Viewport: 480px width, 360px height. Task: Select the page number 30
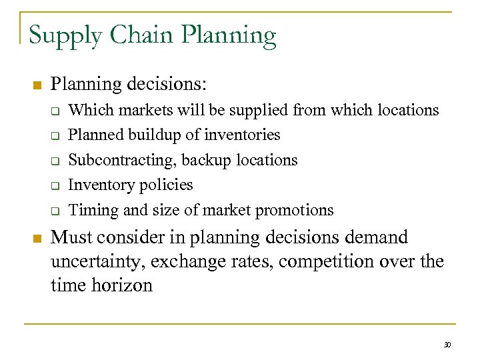click(447, 345)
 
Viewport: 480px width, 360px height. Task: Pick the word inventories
click(243, 135)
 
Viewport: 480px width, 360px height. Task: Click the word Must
click(71, 237)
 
